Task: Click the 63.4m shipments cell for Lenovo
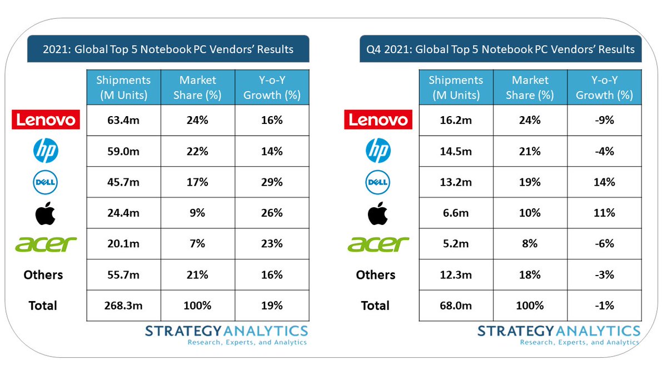[x=123, y=120]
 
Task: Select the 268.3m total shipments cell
[x=123, y=305]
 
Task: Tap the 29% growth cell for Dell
[x=272, y=182]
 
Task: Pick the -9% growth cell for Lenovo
[x=604, y=120]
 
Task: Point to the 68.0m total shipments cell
[x=456, y=305]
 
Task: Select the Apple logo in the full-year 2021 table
[x=45, y=213]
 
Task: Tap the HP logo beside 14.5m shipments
[x=378, y=151]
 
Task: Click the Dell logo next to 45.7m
[x=45, y=182]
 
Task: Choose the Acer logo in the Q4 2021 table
[x=377, y=243]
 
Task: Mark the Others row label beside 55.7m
[x=43, y=274]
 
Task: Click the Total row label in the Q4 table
[x=376, y=305]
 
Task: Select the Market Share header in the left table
[x=198, y=87]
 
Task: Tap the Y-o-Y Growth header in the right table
[x=604, y=87]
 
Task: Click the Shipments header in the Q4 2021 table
[x=456, y=87]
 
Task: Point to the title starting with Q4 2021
[x=500, y=49]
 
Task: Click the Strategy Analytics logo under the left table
[x=226, y=335]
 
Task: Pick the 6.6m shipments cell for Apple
[x=456, y=213]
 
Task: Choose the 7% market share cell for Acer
[x=198, y=243]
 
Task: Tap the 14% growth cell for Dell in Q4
[x=604, y=182]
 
